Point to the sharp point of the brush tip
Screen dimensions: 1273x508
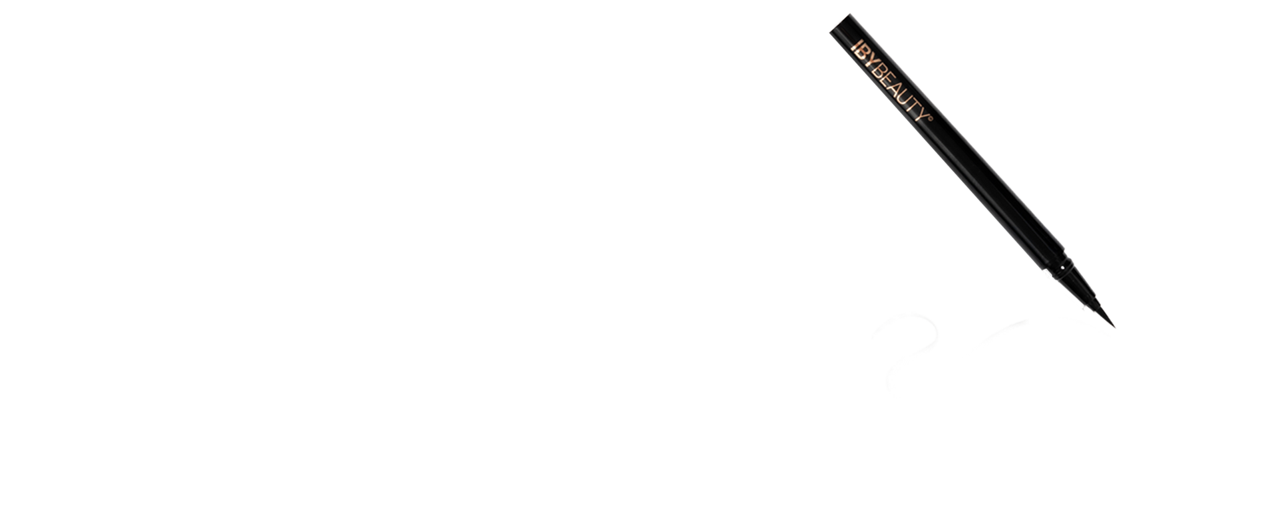(x=1114, y=327)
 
